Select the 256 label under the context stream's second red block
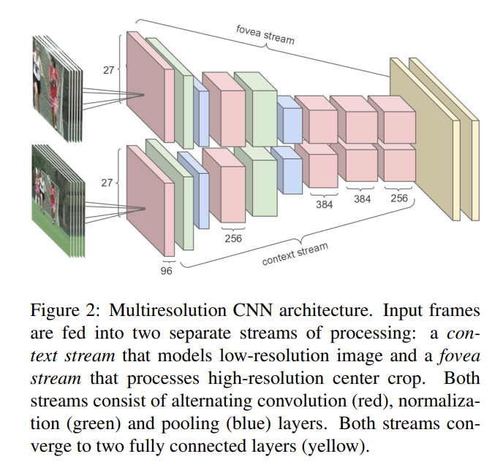[x=233, y=238]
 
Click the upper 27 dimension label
[x=108, y=70]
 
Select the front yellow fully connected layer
[x=422, y=139]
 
